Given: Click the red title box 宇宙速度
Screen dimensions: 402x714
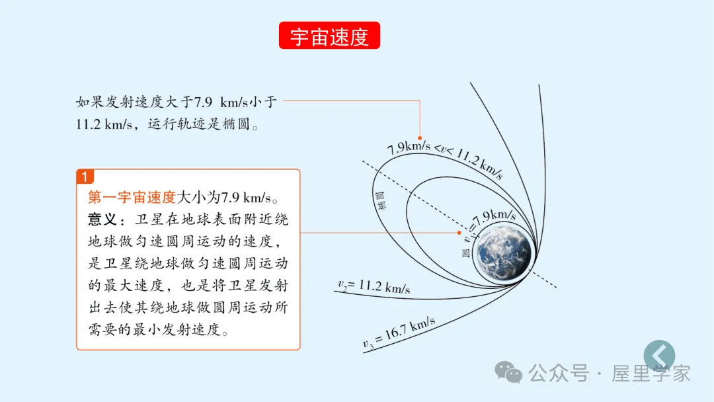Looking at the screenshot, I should click(329, 36).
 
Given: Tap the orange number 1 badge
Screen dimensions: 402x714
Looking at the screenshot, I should click(85, 177).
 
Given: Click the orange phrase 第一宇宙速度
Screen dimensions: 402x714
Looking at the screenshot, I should click(132, 197).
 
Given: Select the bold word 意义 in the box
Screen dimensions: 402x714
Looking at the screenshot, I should click(102, 219).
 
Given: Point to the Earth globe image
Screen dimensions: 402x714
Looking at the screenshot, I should click(504, 250).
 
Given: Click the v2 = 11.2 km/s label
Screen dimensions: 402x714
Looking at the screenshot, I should click(374, 287).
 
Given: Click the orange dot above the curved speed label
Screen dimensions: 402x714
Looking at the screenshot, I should click(420, 138).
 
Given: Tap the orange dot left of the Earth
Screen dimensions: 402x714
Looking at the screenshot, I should click(459, 233).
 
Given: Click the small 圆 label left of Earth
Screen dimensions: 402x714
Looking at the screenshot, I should click(465, 253).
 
